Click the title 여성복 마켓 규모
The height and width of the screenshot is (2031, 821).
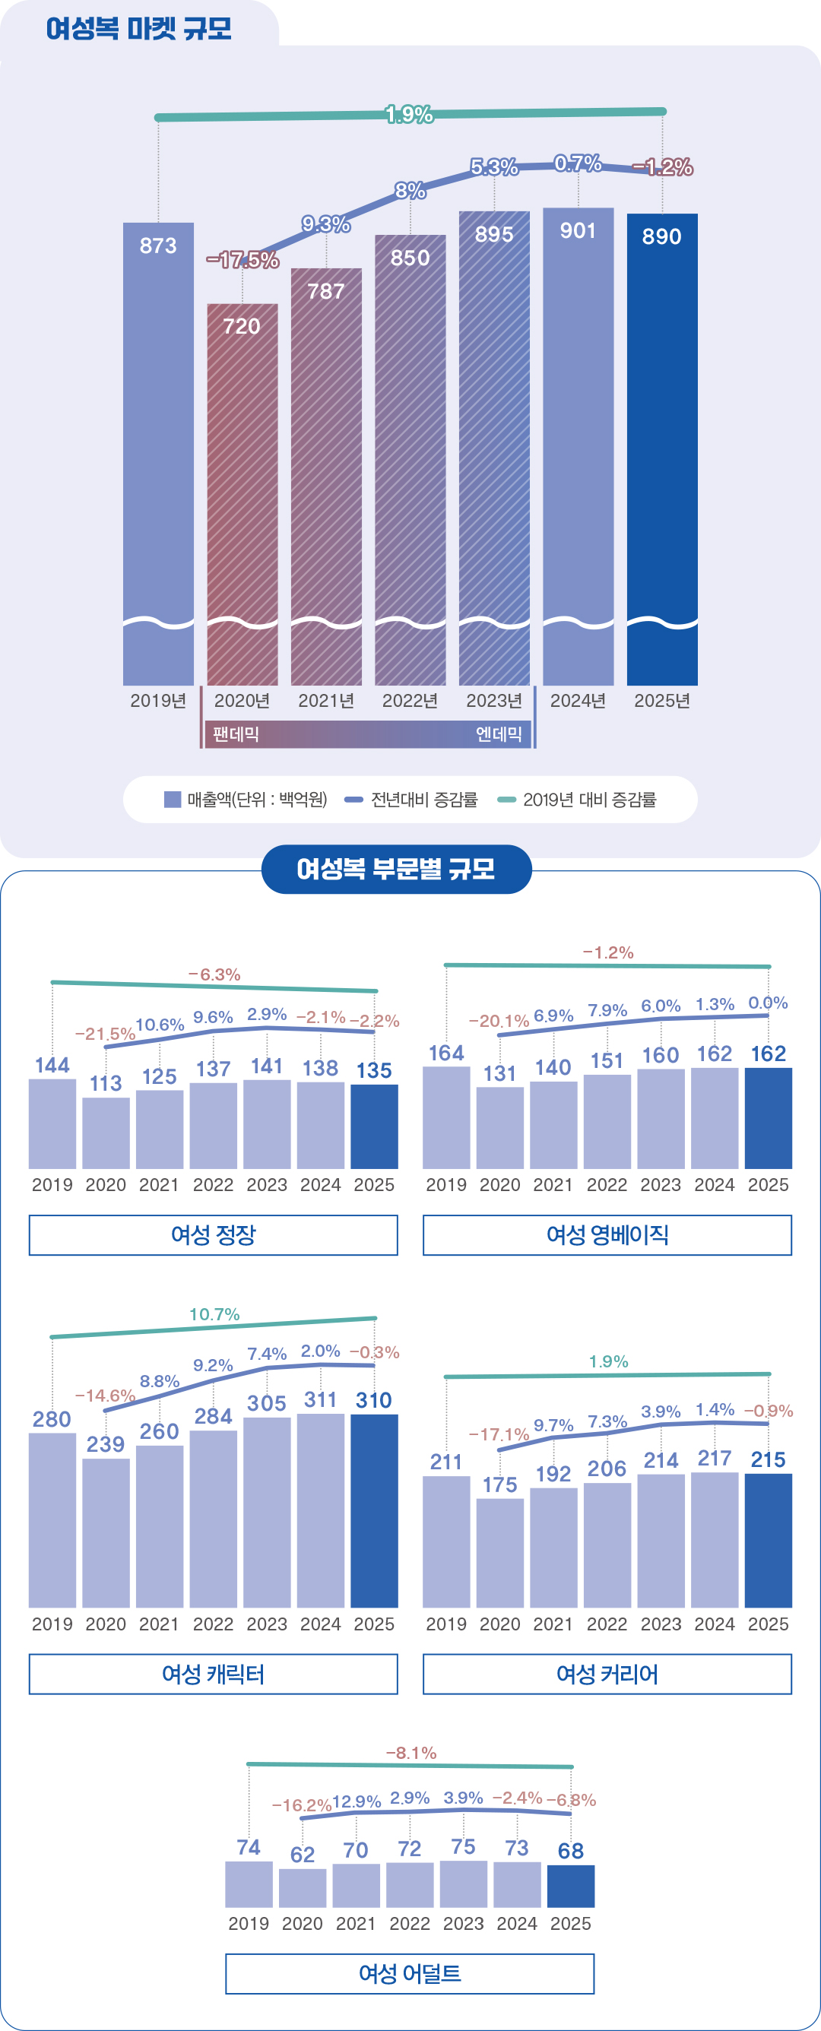(x=139, y=28)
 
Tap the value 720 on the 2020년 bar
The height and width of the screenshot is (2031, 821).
(x=241, y=326)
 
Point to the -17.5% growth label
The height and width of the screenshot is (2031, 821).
(x=242, y=260)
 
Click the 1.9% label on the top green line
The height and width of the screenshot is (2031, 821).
(x=408, y=114)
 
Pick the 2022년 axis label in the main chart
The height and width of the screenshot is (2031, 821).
(x=409, y=701)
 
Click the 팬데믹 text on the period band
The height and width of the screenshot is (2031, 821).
(x=236, y=734)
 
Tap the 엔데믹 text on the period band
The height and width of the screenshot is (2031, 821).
(x=499, y=734)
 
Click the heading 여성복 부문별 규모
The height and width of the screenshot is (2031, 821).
(x=396, y=869)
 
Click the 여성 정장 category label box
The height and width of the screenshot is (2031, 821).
(x=213, y=1234)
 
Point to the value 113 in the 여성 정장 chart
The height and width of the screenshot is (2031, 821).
(x=106, y=1083)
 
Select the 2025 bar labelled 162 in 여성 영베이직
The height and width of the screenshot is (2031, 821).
(x=767, y=1118)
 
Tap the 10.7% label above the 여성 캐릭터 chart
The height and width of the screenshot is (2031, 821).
(x=214, y=1314)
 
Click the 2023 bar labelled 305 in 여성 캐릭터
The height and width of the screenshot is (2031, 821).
(x=267, y=1511)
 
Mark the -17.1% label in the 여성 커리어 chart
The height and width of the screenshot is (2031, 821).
(x=499, y=1434)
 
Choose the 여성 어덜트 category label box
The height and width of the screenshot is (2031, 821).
(x=409, y=1973)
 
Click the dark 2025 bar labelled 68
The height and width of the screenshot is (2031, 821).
(x=570, y=1886)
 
